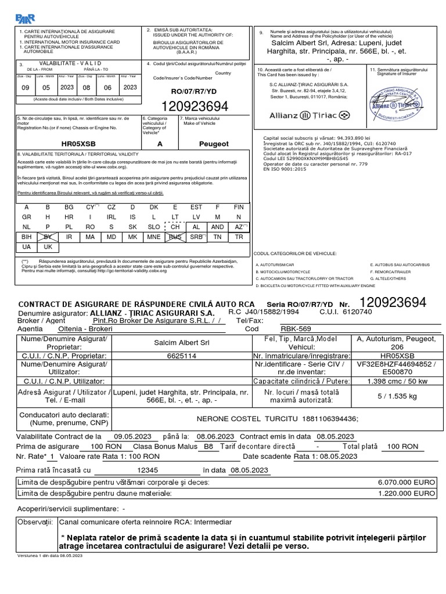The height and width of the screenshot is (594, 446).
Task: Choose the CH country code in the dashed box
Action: (x=175, y=227)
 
